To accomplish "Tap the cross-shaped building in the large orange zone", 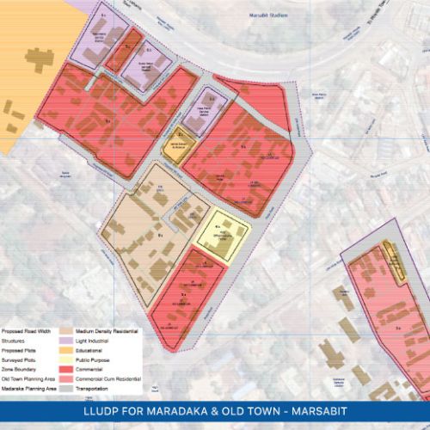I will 37,58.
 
